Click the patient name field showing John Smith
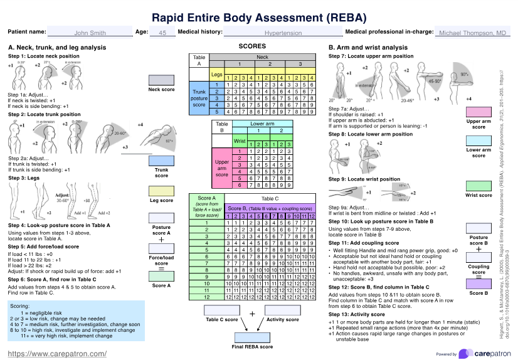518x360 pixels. click(x=90, y=33)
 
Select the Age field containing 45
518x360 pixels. click(x=162, y=33)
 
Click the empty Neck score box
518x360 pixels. click(x=161, y=80)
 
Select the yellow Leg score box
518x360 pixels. click(x=161, y=191)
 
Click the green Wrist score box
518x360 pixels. click(x=478, y=186)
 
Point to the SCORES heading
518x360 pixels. click(x=252, y=46)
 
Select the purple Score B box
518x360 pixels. click(x=478, y=285)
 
